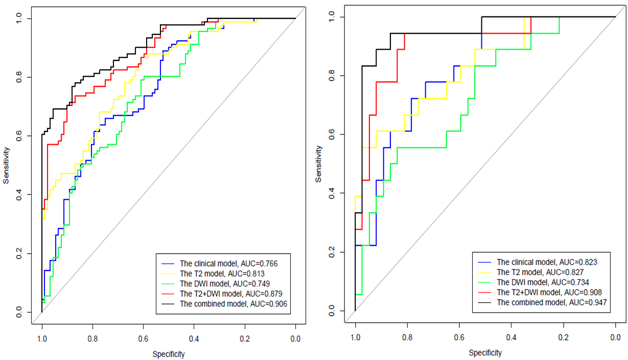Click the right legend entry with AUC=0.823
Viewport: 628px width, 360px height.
pyautogui.click(x=547, y=262)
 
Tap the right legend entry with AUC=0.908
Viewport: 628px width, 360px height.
pyautogui.click(x=549, y=292)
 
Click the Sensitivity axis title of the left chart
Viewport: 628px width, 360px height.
pyautogui.click(x=7, y=165)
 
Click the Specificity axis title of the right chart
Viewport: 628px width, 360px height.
pyautogui.click(x=485, y=353)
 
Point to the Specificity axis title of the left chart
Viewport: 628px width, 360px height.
pyautogui.click(x=169, y=354)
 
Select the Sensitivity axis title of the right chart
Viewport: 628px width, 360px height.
pyautogui.click(x=319, y=164)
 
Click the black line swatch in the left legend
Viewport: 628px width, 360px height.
pyautogui.click(x=168, y=304)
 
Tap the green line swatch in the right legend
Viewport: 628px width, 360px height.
pyautogui.click(x=485, y=282)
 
